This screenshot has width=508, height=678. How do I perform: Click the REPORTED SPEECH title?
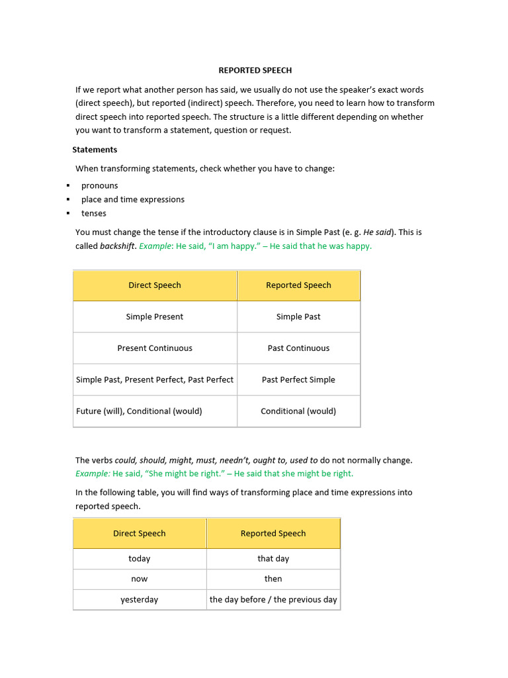click(x=255, y=70)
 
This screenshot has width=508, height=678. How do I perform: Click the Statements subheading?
click(x=95, y=150)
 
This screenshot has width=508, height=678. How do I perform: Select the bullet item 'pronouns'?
click(x=99, y=185)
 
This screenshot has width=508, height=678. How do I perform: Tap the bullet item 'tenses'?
click(x=93, y=213)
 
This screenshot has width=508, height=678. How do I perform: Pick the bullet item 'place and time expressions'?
click(x=132, y=199)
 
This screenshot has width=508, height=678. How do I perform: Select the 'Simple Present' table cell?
click(x=155, y=316)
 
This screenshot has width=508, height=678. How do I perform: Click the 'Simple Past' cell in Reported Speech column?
click(x=298, y=316)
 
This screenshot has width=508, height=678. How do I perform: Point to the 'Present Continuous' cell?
click(x=155, y=348)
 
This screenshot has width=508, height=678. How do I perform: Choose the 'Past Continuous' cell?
click(x=298, y=348)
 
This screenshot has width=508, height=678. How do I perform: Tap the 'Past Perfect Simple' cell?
click(x=298, y=379)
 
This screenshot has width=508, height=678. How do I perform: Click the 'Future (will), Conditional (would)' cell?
click(x=140, y=411)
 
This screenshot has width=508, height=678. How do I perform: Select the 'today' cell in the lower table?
click(x=140, y=559)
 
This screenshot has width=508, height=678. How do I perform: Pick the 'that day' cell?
click(x=273, y=559)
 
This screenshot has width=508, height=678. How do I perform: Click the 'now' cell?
click(x=140, y=579)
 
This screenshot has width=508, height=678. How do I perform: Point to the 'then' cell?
click(x=273, y=579)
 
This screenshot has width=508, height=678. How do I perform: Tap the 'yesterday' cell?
click(x=140, y=599)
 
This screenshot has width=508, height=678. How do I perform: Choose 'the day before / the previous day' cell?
click(x=273, y=599)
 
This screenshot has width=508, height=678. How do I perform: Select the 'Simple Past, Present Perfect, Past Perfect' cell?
click(x=155, y=379)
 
